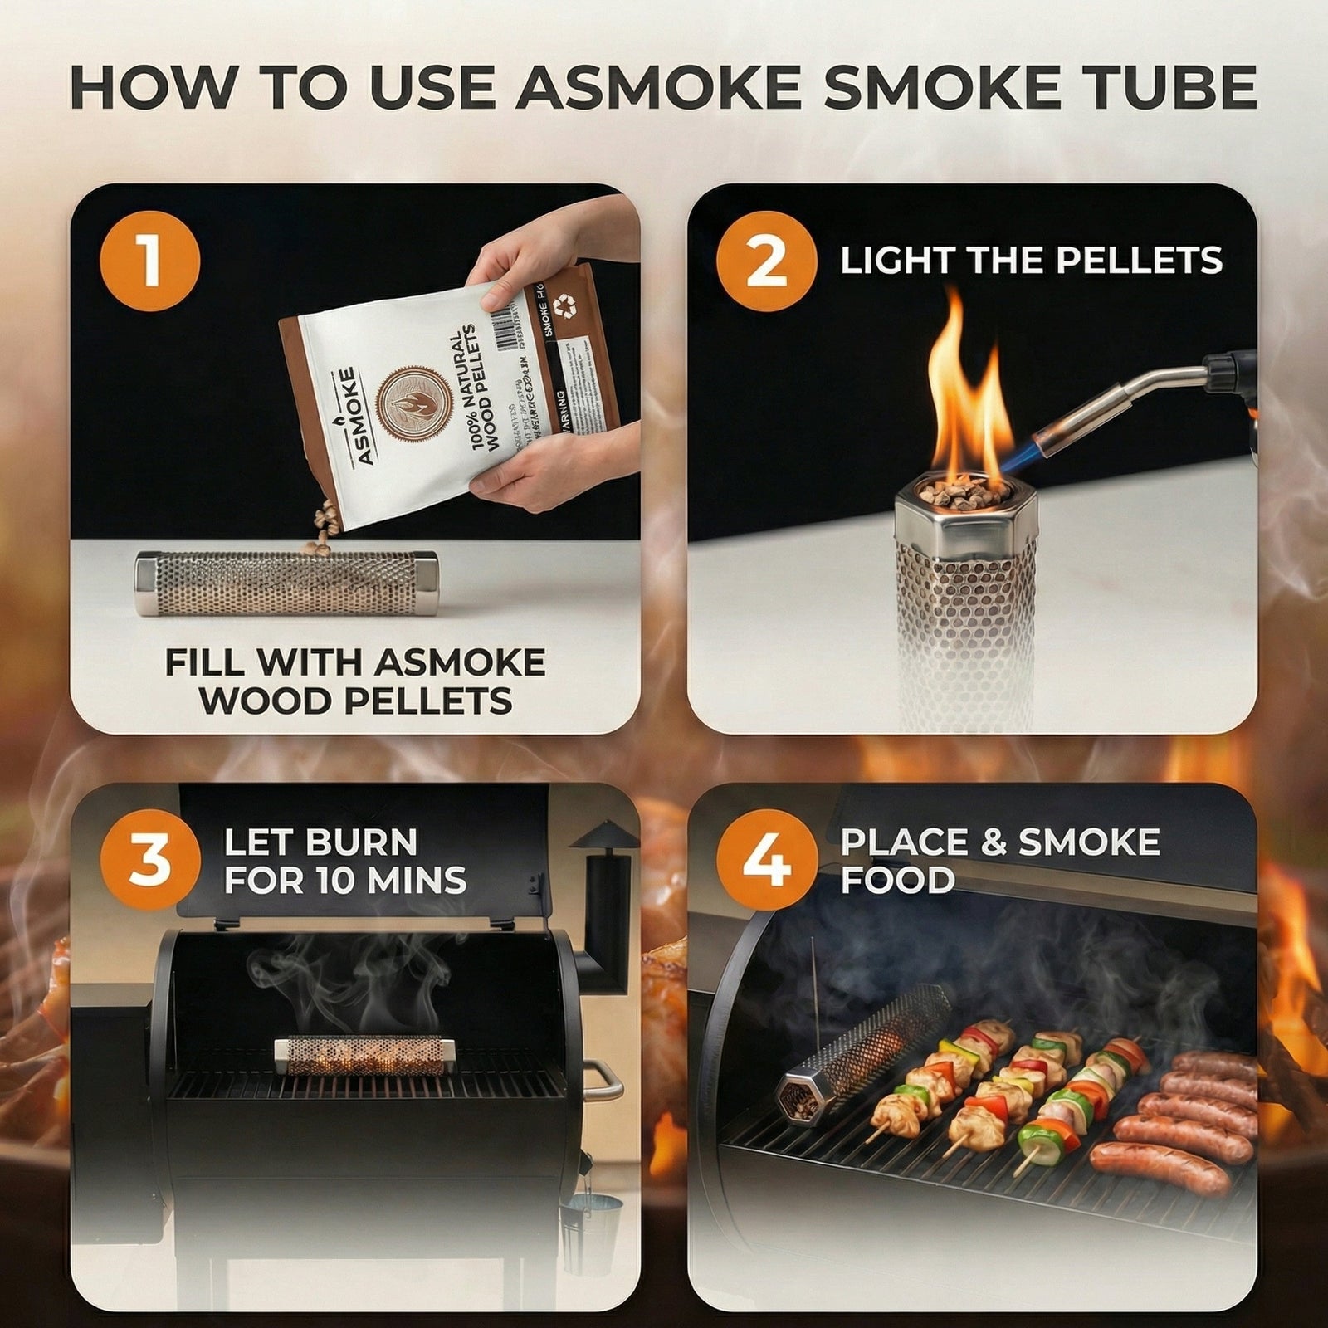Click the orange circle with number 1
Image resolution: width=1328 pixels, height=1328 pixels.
(150, 261)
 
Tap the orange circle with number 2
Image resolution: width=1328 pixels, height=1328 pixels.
(765, 261)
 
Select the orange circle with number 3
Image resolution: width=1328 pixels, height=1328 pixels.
(150, 860)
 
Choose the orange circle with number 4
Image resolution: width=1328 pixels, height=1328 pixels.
(765, 860)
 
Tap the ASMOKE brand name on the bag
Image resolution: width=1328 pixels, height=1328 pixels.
(349, 415)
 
